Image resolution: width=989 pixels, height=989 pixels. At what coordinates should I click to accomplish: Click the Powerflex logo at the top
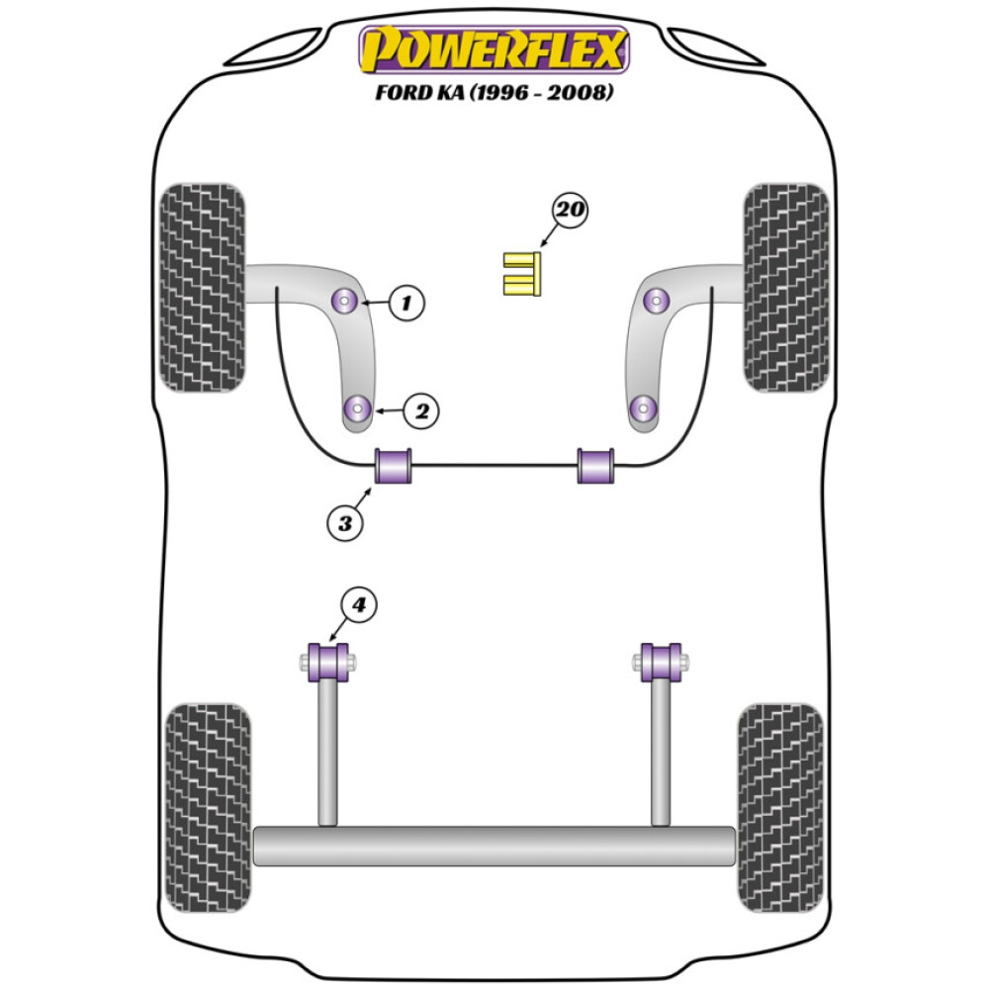pos(494,49)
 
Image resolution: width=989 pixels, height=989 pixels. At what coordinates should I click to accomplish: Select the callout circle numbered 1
pos(405,303)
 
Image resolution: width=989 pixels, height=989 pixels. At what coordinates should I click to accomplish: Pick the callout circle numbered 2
pos(420,410)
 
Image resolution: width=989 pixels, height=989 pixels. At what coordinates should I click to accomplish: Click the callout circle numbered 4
pos(359,605)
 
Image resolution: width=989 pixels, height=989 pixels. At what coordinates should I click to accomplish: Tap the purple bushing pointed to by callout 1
pos(345,300)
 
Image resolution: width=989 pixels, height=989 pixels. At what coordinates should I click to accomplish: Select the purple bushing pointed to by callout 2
pos(357,407)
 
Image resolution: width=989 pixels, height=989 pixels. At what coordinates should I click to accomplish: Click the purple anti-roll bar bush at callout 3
pos(394,467)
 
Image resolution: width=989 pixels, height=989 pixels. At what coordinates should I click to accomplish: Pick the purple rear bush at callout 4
pos(329,662)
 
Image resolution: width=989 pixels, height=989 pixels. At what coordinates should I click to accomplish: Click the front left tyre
pos(202,287)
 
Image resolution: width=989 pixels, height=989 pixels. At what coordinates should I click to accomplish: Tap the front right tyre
pos(786,287)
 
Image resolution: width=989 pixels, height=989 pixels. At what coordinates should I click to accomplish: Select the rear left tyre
pos(208,808)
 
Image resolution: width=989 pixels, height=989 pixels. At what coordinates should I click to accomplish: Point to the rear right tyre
pos(780,808)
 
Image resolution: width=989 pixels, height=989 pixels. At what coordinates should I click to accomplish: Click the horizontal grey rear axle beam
pos(494,846)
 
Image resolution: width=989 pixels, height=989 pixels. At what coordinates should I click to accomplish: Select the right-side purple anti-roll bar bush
pos(595,467)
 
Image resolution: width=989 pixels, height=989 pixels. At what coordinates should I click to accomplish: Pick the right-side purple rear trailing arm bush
pos(661,662)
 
